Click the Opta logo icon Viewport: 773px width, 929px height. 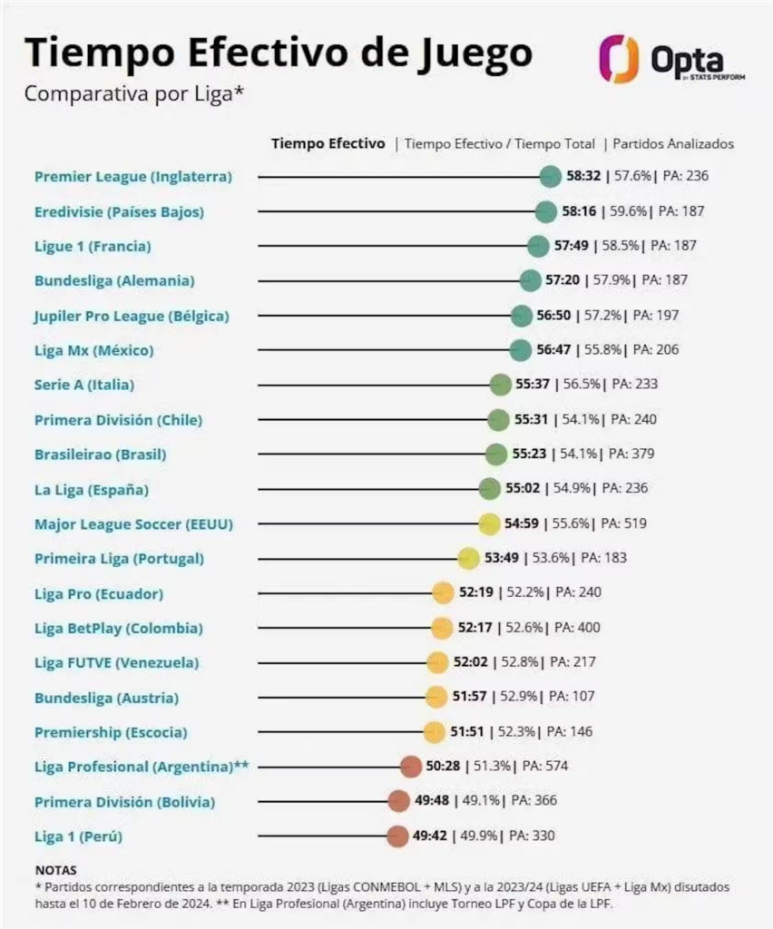point(619,59)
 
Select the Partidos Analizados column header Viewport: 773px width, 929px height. point(673,143)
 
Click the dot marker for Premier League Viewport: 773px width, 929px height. point(550,177)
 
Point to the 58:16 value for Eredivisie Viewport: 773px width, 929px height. point(577,211)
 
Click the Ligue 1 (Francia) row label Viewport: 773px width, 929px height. point(93,246)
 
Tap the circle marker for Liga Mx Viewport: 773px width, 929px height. point(520,350)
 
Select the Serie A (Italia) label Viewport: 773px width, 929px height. point(84,385)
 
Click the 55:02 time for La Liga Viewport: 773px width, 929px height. point(523,489)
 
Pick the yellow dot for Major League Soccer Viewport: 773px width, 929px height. point(489,523)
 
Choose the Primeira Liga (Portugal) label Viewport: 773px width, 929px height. point(119,558)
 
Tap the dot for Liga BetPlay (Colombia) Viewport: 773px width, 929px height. point(441,628)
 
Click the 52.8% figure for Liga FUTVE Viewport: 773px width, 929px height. point(519,662)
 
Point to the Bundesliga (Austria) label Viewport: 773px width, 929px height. point(106,698)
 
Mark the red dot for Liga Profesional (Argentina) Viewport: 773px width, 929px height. point(410,767)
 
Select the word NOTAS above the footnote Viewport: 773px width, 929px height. point(56,870)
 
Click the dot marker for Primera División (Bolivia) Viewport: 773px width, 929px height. point(397,801)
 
